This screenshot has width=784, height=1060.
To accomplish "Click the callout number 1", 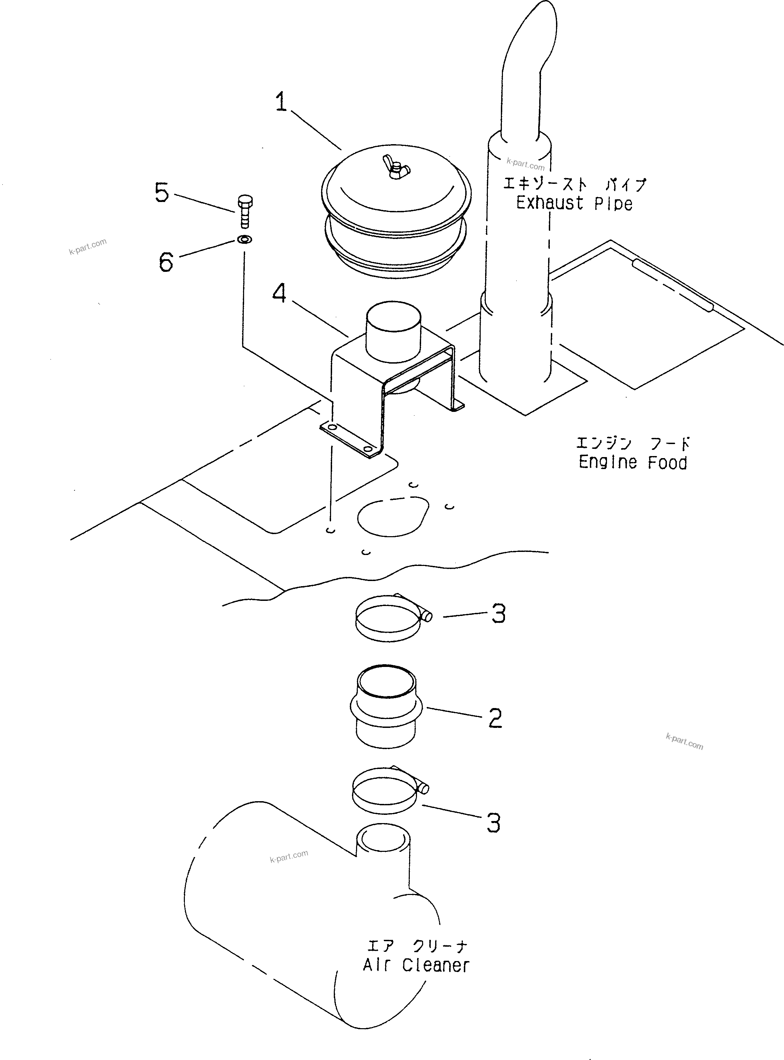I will (281, 102).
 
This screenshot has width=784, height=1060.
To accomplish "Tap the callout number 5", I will (162, 193).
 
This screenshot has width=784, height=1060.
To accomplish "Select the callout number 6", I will (166, 262).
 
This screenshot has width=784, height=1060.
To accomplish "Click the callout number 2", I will (495, 718).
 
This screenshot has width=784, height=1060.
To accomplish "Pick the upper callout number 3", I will (498, 614).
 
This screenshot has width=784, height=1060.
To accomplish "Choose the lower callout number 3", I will (494, 823).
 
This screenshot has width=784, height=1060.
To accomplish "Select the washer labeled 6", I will (244, 239).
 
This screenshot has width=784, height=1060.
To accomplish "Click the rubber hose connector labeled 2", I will (386, 707).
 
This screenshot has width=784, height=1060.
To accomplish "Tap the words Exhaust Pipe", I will (574, 203).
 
